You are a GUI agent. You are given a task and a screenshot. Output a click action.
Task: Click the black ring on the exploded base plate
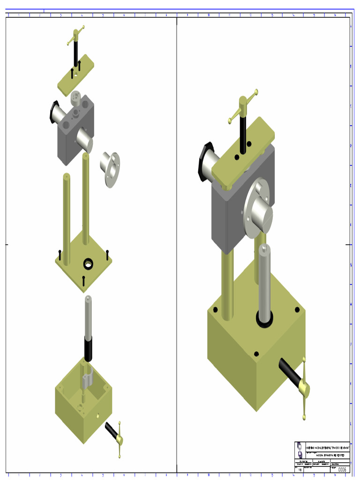[x=88, y=264]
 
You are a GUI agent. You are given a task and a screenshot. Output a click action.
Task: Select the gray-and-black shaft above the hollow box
[x=88, y=328]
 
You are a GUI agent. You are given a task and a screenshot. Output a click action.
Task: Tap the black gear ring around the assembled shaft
[x=265, y=319]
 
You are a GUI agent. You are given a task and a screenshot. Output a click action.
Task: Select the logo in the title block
[x=300, y=450]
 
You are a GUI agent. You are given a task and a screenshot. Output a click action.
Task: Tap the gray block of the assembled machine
[x=230, y=216]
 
